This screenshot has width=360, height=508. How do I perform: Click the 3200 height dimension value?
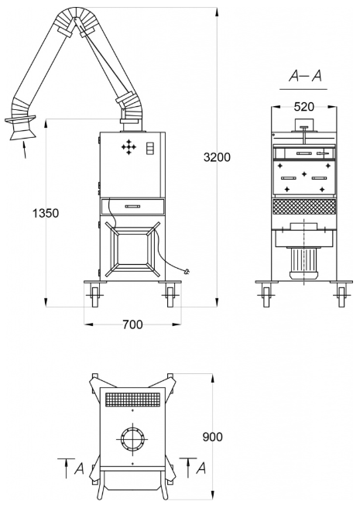217,157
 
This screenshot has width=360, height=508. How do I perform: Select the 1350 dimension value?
46,213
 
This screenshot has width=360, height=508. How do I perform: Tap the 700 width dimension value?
132,324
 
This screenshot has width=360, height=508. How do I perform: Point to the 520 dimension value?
304,107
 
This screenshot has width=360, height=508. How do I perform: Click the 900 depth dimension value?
213,437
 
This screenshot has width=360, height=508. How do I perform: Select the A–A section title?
305,77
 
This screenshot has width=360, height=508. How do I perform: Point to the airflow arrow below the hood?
24,149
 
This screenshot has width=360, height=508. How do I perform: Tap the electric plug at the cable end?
187,272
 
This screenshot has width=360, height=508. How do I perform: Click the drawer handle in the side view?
132,206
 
